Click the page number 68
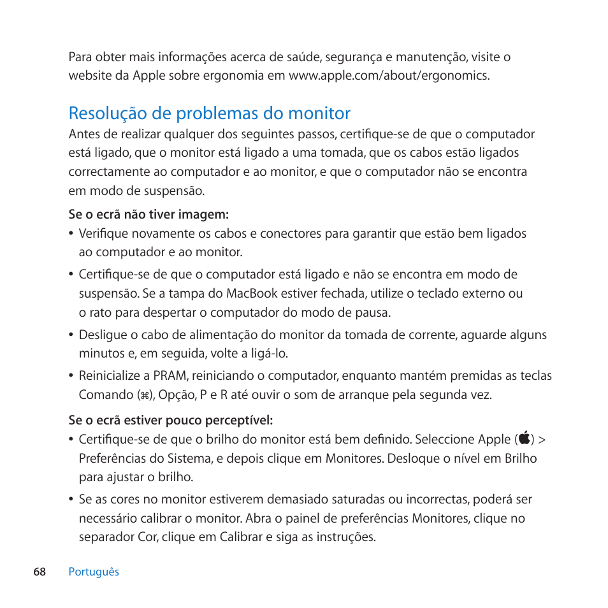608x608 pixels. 40,572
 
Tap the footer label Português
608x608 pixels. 94,572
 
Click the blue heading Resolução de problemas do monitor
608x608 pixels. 210,113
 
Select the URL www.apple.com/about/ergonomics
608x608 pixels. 389,76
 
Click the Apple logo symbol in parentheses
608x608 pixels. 525,439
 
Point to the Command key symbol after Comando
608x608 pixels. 145,395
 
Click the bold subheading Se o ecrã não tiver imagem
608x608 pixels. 148,215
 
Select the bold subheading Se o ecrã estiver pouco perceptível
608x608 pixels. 170,421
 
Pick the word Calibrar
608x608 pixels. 242,537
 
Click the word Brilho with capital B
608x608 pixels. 518,458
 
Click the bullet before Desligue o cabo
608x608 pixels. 71,335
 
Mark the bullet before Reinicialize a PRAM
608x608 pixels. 71,376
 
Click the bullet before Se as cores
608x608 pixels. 71,500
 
